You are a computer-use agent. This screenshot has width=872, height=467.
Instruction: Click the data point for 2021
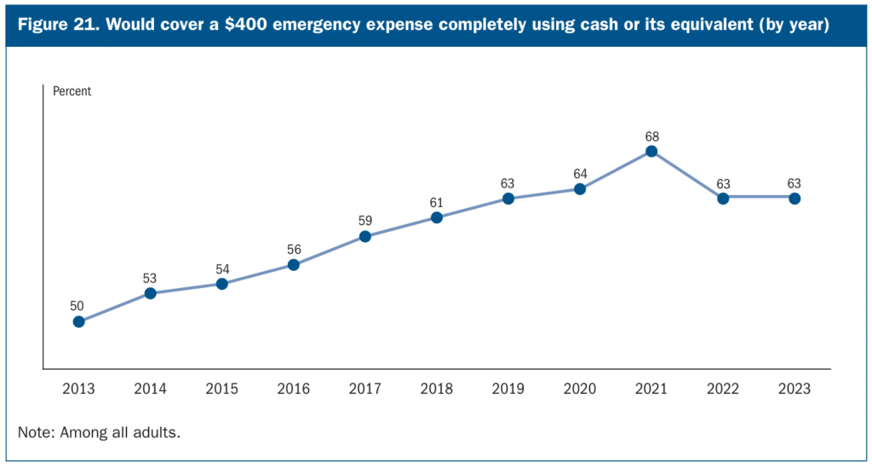point(651,152)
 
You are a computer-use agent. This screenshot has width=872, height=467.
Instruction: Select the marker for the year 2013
point(78,321)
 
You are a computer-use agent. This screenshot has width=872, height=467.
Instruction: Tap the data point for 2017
point(364,236)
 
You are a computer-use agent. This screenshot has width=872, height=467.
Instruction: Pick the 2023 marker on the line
point(795,198)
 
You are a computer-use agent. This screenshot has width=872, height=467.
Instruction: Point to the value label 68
point(651,135)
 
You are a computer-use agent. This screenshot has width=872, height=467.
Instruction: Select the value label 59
point(364,220)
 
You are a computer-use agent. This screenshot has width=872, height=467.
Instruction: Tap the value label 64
point(580,174)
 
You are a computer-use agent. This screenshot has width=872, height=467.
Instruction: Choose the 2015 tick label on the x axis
point(221,389)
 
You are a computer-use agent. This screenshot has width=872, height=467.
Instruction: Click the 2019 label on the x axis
point(508,389)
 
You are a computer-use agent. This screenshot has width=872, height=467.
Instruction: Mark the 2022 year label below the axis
point(723,389)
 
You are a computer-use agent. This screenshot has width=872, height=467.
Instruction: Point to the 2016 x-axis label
point(293,389)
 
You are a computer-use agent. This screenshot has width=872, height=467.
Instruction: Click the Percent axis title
point(72,91)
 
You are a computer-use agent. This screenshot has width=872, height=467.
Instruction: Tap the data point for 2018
point(436,217)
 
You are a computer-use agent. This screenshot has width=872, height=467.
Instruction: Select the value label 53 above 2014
point(150,277)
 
